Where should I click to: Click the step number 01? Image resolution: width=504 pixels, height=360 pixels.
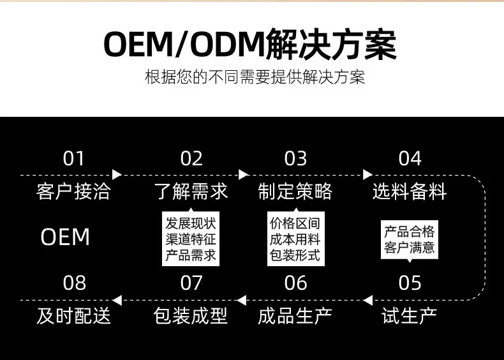pyautogui.click(x=73, y=158)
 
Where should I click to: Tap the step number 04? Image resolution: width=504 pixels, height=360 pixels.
pyautogui.click(x=410, y=158)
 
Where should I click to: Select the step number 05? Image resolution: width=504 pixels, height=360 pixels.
pyautogui.click(x=410, y=283)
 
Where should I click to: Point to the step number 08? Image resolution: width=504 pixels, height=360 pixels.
pyautogui.click(x=74, y=283)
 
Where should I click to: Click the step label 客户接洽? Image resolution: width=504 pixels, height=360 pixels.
pyautogui.click(x=73, y=191)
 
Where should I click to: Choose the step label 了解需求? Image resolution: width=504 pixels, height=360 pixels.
pyautogui.click(x=191, y=191)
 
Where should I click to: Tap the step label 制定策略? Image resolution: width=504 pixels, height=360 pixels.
pyautogui.click(x=295, y=191)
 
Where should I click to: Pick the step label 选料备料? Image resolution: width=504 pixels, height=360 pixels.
pyautogui.click(x=410, y=191)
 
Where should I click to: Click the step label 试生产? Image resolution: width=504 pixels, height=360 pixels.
pyautogui.click(x=409, y=315)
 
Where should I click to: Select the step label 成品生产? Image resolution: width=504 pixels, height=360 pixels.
pyautogui.click(x=295, y=315)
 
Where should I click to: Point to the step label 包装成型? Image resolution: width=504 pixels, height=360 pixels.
pyautogui.click(x=191, y=315)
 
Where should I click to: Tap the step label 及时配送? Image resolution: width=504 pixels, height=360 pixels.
pyautogui.click(x=73, y=315)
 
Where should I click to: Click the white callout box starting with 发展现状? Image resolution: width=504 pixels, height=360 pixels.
pyautogui.click(x=191, y=238)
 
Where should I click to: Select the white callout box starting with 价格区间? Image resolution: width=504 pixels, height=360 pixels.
pyautogui.click(x=296, y=238)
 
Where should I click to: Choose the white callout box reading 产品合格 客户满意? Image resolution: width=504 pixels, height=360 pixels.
pyautogui.click(x=409, y=240)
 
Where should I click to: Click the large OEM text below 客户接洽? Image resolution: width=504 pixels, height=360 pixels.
pyautogui.click(x=65, y=237)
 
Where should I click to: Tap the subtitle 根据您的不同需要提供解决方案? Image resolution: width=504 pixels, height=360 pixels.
pyautogui.click(x=255, y=77)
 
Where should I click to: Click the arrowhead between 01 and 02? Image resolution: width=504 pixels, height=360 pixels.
pyautogui.click(x=117, y=175)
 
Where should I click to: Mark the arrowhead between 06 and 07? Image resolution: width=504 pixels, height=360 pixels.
pyautogui.click(x=242, y=300)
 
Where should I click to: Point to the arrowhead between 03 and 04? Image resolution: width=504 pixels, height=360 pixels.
pyautogui.click(x=367, y=175)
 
